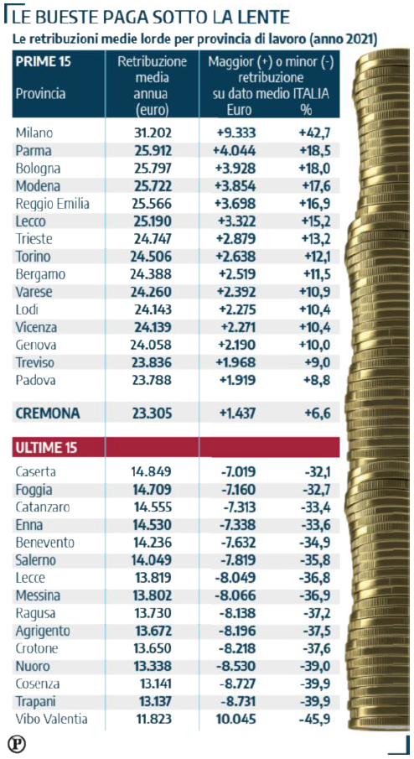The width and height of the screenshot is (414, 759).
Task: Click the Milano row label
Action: (x=34, y=133)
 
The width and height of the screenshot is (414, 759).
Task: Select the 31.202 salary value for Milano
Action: (x=153, y=133)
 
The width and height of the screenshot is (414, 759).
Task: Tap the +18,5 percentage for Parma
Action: (x=314, y=150)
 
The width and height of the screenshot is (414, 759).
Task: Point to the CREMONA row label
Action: (x=48, y=413)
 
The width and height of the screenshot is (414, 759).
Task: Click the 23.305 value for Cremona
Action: (x=151, y=413)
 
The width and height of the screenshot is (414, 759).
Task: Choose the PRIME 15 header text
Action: (x=43, y=62)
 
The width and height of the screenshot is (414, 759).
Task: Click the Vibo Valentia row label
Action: (x=51, y=719)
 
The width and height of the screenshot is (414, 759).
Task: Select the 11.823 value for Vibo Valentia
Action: (x=153, y=719)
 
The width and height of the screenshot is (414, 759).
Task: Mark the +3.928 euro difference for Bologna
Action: (x=235, y=169)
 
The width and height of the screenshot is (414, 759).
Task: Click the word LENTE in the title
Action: (x=261, y=18)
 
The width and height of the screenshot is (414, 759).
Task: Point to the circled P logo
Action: (x=17, y=743)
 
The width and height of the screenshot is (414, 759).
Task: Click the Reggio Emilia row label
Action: (x=52, y=204)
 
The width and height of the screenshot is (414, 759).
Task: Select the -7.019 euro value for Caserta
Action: (x=236, y=471)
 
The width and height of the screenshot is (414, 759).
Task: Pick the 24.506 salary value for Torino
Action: (x=150, y=257)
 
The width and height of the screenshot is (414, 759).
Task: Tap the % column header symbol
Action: (x=306, y=110)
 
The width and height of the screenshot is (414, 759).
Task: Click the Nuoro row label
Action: (x=33, y=666)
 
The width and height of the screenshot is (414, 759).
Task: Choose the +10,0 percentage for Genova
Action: (x=314, y=346)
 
